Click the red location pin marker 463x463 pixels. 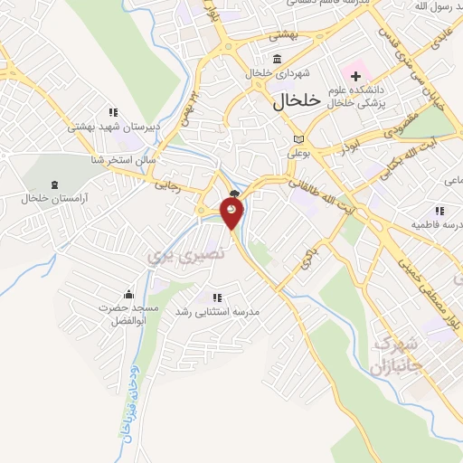(x=232, y=213)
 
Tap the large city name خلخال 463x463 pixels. (x=298, y=103)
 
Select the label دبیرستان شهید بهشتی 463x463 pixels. (x=112, y=128)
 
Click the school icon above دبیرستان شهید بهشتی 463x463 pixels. (x=113, y=112)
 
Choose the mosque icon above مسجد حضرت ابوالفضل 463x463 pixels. (x=128, y=293)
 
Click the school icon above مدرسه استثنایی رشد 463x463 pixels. (x=216, y=297)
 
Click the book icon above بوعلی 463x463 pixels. (x=299, y=138)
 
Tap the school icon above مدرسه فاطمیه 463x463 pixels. (x=444, y=208)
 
